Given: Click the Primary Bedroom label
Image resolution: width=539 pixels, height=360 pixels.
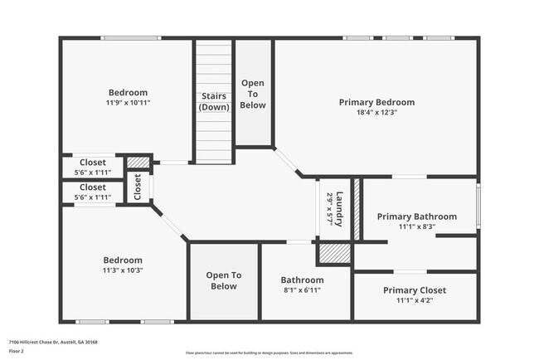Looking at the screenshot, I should tap(376, 102).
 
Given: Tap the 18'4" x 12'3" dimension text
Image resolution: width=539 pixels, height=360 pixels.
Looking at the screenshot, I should tap(376, 113).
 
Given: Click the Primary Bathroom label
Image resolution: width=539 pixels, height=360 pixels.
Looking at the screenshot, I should tap(417, 216).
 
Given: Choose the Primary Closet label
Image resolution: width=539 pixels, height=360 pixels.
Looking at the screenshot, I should tap(415, 290).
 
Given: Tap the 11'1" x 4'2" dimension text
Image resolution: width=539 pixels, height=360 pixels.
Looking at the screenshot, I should tap(415, 301).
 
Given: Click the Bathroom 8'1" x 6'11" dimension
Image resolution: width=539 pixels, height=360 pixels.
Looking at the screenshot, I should tap(301, 290).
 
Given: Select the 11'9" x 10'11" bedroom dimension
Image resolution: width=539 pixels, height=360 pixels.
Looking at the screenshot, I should tap(128, 103).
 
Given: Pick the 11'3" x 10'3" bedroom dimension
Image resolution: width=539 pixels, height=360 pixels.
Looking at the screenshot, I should tap(123, 270).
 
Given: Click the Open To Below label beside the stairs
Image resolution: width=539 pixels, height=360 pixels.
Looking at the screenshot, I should tap(253, 94).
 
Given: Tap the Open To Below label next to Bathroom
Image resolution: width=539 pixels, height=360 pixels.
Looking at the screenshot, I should tap(223, 280).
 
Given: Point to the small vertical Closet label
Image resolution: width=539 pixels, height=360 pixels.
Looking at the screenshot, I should tap(138, 187).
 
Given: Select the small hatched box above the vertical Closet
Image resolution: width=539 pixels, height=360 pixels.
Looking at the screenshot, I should tap(138, 162).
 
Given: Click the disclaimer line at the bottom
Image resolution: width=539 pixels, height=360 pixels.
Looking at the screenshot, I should tap(269, 352).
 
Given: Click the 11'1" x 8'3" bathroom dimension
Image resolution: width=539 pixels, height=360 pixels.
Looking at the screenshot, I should tap(417, 226).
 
